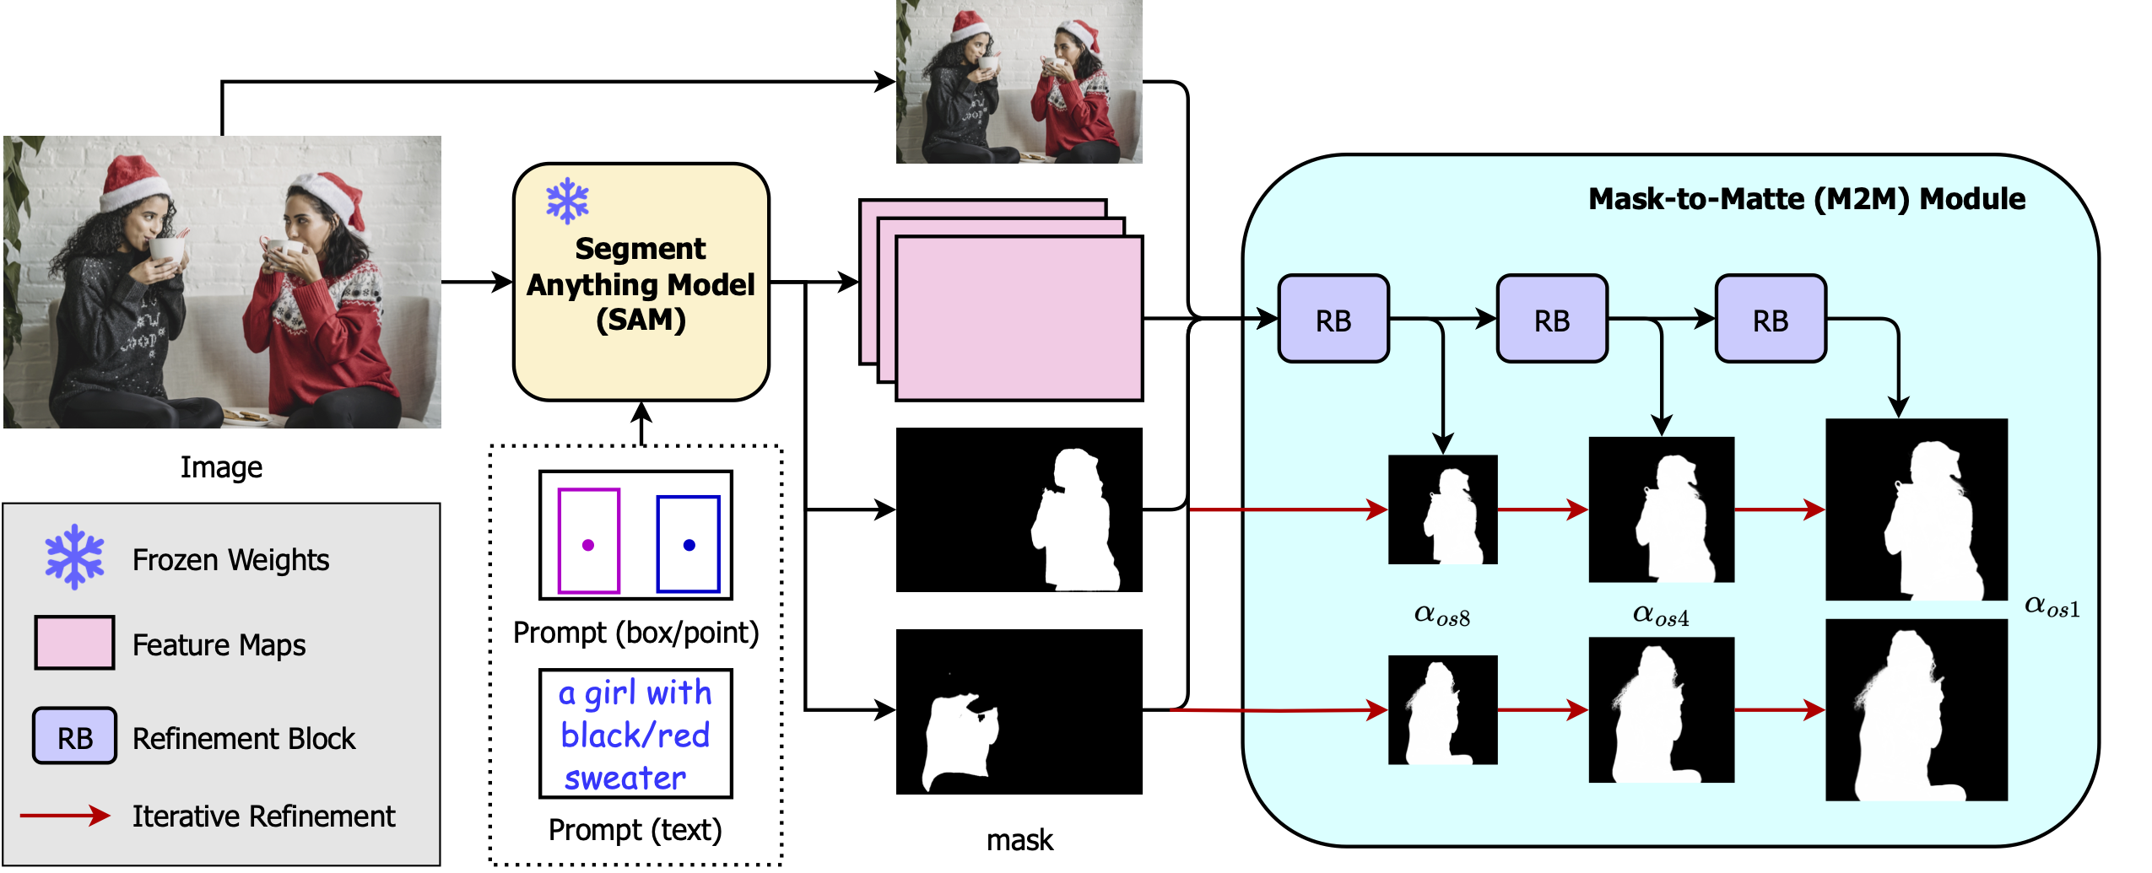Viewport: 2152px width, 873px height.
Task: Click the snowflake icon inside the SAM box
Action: coord(567,201)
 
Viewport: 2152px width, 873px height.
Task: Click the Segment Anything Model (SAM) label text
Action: coord(641,284)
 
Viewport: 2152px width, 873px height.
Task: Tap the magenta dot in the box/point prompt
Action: coord(588,545)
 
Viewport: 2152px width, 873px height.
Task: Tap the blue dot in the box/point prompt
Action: coord(689,545)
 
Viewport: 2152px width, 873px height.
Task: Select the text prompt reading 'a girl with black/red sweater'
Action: coord(635,734)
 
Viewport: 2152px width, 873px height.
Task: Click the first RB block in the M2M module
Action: coord(1333,320)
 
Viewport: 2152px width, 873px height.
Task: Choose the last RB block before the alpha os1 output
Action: coord(1770,320)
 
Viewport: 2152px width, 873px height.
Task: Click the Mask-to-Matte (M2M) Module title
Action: coord(1806,199)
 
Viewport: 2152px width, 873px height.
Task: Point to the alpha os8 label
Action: coord(1441,615)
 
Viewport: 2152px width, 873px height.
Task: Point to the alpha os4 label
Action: coord(1660,615)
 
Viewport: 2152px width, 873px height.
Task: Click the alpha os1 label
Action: coord(2052,606)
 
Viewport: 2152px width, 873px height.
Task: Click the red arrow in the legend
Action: coord(65,815)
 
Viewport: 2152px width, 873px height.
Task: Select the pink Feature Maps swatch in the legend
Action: coord(74,643)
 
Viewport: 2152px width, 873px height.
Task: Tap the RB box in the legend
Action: coord(74,736)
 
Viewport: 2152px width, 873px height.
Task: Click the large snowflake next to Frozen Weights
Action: coord(74,557)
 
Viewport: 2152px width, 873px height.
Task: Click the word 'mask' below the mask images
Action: coord(1019,840)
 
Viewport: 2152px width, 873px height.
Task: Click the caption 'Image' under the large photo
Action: coord(221,466)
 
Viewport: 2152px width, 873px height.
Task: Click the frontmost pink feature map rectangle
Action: coord(1019,319)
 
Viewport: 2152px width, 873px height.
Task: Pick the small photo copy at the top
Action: coord(1019,82)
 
